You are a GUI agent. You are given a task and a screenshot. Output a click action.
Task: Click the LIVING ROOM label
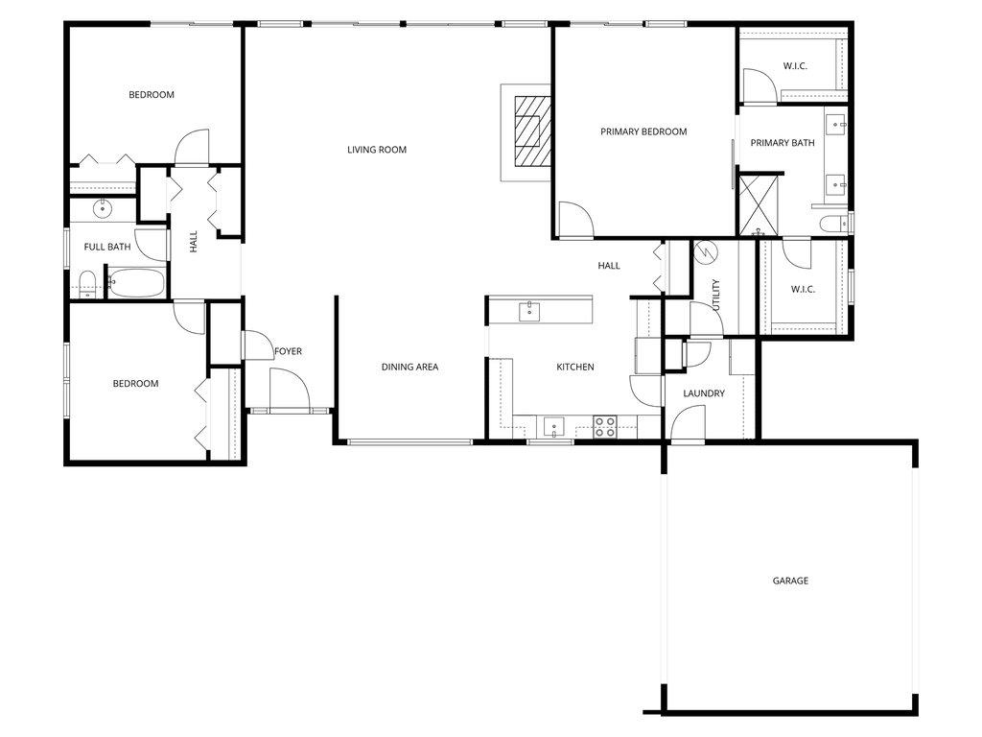[x=377, y=150]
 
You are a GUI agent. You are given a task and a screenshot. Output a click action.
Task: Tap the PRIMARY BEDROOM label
[x=643, y=131]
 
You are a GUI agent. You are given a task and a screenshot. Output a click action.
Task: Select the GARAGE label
[x=791, y=581]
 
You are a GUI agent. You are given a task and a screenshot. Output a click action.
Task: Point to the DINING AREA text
[x=409, y=367]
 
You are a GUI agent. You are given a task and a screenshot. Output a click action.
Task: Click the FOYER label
[x=288, y=351]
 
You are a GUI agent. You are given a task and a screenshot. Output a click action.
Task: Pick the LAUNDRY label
[x=704, y=393]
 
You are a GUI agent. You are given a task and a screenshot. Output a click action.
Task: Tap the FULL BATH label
[x=107, y=247]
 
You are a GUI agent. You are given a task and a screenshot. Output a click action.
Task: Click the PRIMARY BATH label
[x=783, y=143]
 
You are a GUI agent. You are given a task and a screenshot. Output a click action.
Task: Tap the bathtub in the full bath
[x=136, y=283]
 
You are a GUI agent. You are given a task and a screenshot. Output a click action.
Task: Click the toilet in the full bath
[x=86, y=282]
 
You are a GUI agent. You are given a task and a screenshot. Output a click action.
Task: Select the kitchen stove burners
[x=604, y=426]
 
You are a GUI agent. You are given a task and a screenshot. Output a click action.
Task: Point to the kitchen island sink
[x=529, y=310]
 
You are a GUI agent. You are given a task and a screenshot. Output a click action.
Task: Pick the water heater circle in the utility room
[x=704, y=251]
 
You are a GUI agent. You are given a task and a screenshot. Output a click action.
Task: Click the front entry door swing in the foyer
[x=288, y=390]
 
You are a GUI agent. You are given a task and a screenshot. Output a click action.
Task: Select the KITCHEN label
[x=575, y=367]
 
